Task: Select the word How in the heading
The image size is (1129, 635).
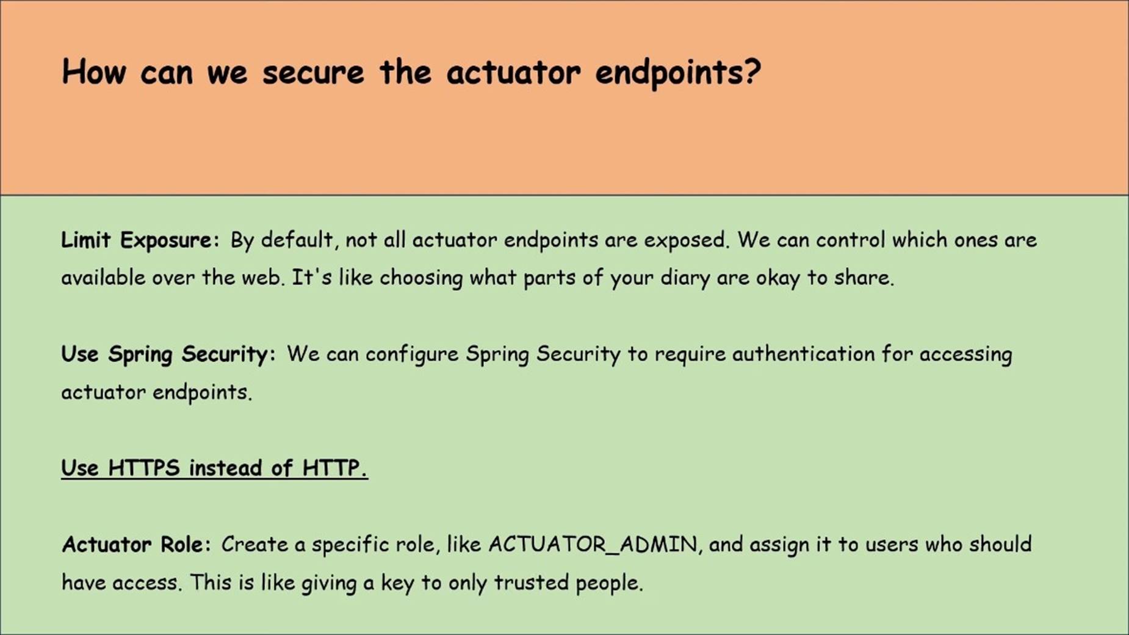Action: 94,71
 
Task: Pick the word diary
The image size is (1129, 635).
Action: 669,278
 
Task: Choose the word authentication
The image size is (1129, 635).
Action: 803,354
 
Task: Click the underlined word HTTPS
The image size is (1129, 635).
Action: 144,468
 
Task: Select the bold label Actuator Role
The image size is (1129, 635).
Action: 136,544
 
